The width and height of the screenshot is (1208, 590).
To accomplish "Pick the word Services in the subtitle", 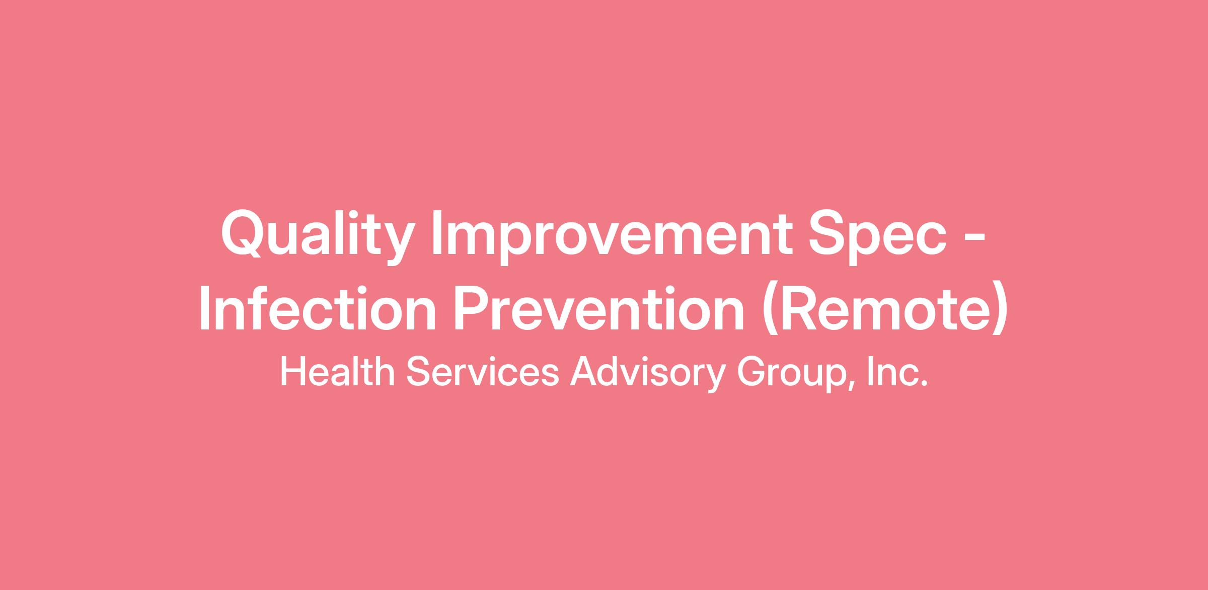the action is pyautogui.click(x=482, y=372).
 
